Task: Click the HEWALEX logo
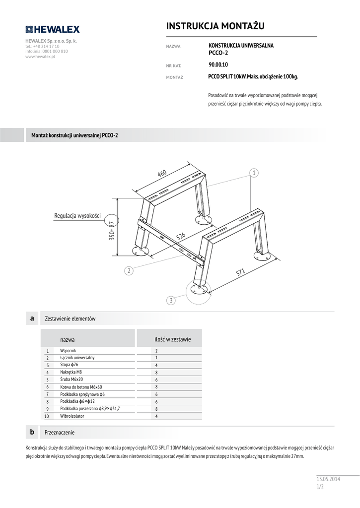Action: [52, 29]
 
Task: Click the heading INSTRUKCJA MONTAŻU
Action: [215, 26]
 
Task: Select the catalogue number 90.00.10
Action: [218, 64]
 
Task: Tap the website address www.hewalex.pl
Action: [40, 57]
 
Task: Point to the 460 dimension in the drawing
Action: [162, 173]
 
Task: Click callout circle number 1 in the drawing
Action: [254, 173]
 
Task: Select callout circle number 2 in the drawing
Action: [129, 271]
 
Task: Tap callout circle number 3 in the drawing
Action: [171, 301]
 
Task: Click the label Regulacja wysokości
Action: [77, 216]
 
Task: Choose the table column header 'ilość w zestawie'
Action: [172, 339]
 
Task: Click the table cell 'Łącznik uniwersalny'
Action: [77, 357]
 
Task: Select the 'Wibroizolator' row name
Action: [72, 416]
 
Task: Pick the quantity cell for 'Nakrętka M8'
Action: [156, 372]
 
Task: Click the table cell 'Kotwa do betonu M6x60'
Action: [81, 386]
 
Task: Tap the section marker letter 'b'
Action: [32, 432]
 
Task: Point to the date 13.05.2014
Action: [329, 479]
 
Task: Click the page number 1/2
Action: [320, 487]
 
